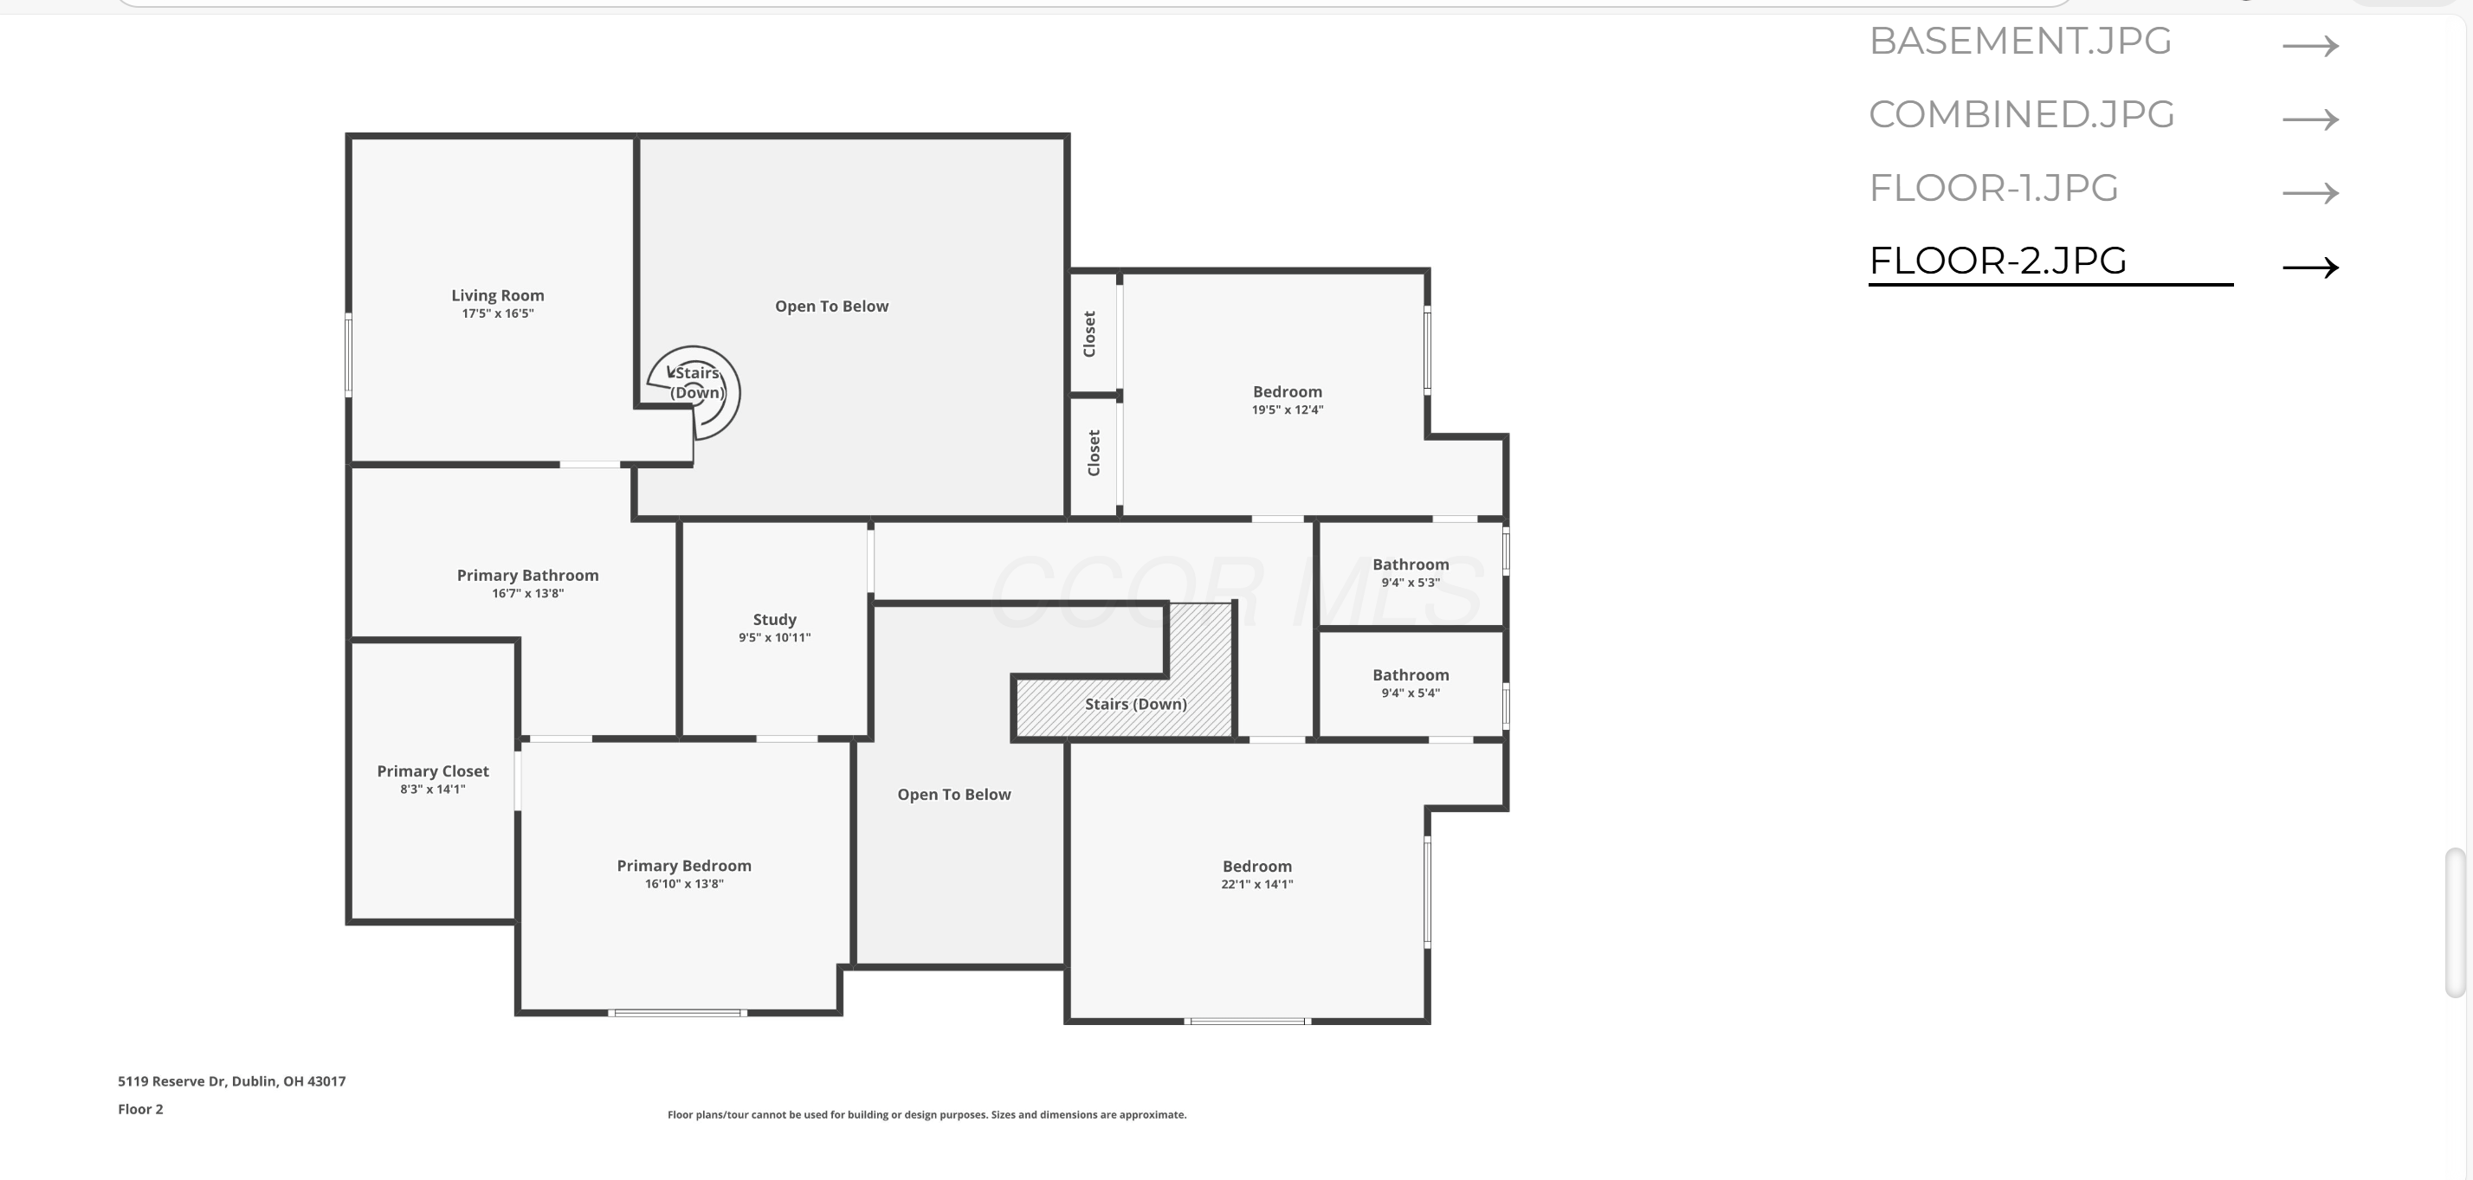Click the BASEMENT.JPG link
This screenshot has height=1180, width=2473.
2020,42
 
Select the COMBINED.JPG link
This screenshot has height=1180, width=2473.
2021,115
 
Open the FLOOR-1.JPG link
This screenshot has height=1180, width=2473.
1993,188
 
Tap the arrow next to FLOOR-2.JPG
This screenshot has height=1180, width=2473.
2310,267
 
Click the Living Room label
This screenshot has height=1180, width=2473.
497,296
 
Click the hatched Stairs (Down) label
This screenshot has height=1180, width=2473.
1136,704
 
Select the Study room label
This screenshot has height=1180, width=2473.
774,620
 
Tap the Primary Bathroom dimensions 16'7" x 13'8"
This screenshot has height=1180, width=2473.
527,593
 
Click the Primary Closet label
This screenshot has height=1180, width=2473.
433,771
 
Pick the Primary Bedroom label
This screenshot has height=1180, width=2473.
683,866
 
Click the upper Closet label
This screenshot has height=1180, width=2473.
1089,334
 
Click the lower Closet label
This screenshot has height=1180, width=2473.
1094,452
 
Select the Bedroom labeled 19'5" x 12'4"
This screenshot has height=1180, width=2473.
1287,391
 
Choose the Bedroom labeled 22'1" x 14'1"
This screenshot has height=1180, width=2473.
1256,866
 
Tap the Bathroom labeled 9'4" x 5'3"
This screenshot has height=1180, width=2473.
1411,564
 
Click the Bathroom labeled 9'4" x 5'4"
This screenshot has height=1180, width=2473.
1411,675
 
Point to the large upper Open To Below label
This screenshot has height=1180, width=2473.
831,306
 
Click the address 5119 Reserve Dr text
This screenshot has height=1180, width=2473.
231,1081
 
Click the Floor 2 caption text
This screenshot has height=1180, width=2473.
140,1109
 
